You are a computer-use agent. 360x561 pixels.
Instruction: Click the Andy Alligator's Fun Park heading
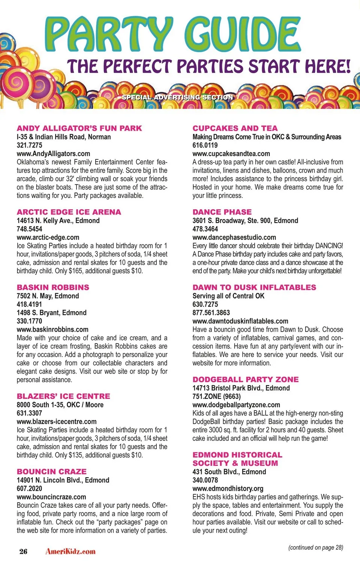(x=79, y=128)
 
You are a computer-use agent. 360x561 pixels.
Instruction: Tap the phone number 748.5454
(x=29, y=229)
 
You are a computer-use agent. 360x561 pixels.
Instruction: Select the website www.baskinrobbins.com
(x=52, y=329)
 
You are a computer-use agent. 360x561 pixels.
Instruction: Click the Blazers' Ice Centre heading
(x=63, y=396)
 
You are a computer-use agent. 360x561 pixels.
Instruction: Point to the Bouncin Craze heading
(x=51, y=471)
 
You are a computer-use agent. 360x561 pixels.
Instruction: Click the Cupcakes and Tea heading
(x=235, y=128)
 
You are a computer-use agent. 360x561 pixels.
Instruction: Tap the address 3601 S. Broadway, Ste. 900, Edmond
(x=245, y=220)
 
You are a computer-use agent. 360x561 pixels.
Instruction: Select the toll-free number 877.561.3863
(x=211, y=312)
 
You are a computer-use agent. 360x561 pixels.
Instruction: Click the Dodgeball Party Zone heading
(x=246, y=379)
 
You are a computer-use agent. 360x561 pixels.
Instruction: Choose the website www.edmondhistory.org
(x=228, y=488)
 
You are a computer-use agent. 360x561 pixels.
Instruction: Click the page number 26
(x=23, y=551)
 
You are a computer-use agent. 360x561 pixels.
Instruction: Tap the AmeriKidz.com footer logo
(x=70, y=551)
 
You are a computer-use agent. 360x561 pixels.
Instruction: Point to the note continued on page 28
(x=315, y=547)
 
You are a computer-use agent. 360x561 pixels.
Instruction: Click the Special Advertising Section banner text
(x=177, y=97)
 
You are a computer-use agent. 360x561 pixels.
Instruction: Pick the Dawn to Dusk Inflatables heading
(x=254, y=287)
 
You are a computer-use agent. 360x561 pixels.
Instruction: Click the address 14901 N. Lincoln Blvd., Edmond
(x=63, y=480)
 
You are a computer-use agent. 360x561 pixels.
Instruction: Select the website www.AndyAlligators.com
(x=53, y=153)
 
